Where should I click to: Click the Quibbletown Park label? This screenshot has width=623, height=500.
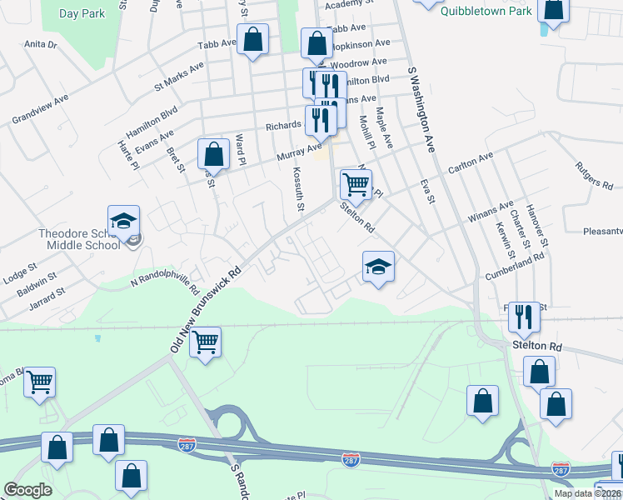click(x=486, y=11)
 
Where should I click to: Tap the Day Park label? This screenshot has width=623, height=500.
click(x=82, y=14)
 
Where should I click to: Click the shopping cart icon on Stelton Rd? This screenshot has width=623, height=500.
click(x=355, y=184)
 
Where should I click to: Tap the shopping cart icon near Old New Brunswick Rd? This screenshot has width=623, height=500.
click(x=205, y=342)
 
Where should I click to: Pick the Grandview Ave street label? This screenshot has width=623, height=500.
click(x=40, y=110)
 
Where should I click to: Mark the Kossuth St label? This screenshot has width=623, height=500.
click(x=298, y=188)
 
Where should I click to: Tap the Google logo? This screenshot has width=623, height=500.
click(x=28, y=490)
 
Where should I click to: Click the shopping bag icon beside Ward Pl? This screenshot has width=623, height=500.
click(x=214, y=154)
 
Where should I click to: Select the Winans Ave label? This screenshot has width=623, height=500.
click(x=491, y=212)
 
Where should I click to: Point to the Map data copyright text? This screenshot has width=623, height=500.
click(x=587, y=493)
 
